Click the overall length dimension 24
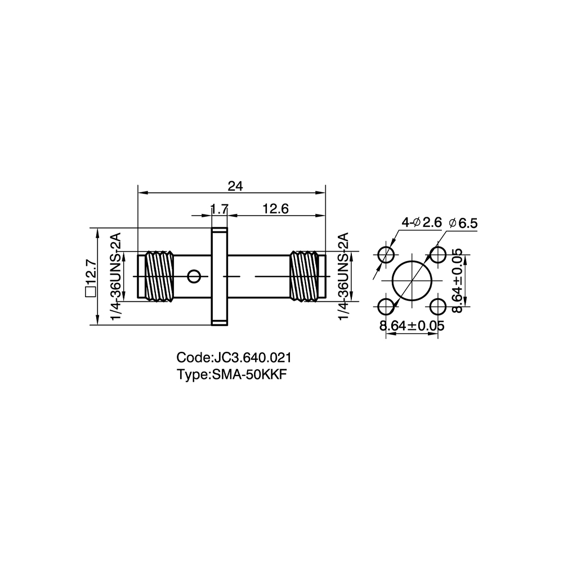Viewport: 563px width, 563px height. pos(235,186)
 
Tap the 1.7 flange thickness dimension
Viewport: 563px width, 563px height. pos(220,209)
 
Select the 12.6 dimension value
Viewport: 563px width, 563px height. pos(275,209)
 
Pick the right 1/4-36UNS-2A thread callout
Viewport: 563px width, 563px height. pos(343,276)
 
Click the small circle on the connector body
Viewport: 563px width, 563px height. pos(194,276)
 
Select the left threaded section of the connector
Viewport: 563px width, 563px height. pos(159,276)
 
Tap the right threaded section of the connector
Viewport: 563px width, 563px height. pos(304,276)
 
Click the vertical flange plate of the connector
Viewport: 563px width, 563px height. pos(220,276)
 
